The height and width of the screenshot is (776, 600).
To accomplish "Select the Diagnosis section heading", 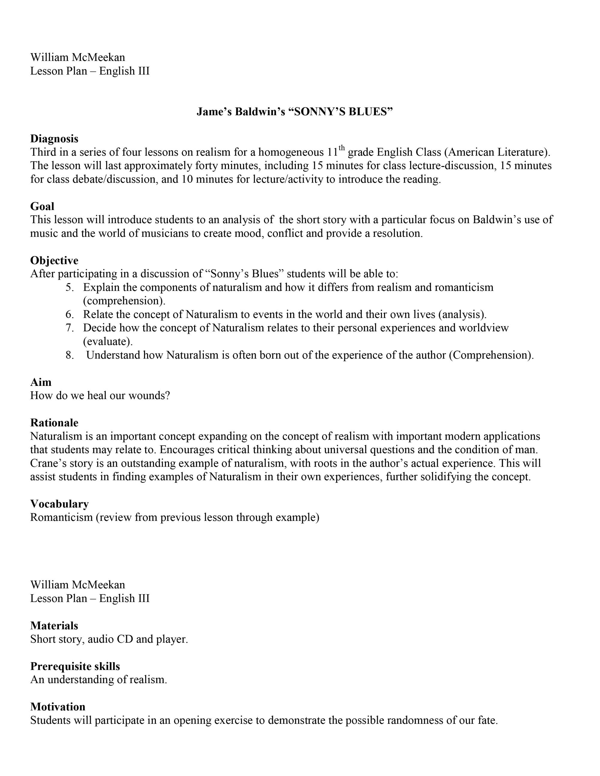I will [x=54, y=139].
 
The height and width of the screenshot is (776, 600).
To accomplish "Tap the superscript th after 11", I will [x=342, y=148].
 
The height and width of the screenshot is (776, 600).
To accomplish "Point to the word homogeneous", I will [x=291, y=152].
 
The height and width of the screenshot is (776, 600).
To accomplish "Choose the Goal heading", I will [x=42, y=206].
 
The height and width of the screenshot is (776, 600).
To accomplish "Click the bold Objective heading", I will [x=54, y=261].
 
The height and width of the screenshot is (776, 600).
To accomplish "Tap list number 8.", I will [x=69, y=355].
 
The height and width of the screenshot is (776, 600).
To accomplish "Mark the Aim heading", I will [x=40, y=382].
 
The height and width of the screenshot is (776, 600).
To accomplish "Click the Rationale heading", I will [x=54, y=422].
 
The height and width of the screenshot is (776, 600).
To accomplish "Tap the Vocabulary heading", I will [x=59, y=504].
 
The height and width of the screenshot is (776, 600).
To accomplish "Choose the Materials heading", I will [x=54, y=626].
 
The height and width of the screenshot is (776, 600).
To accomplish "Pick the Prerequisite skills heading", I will [x=75, y=666].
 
